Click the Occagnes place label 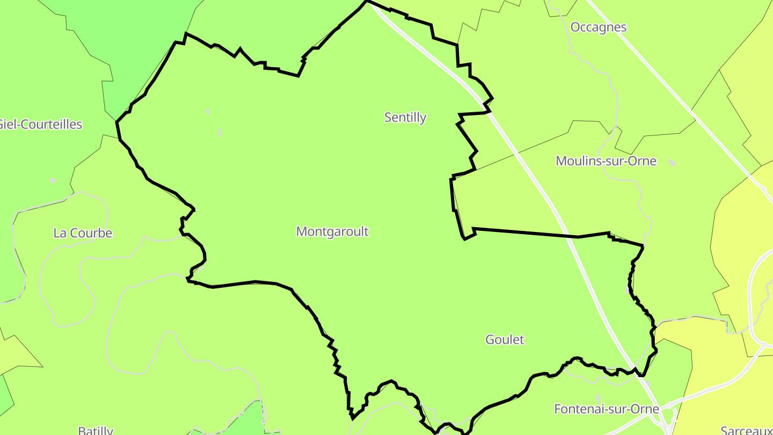click(x=598, y=27)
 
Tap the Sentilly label click(x=405, y=117)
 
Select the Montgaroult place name click(x=332, y=231)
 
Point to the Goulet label click(x=505, y=339)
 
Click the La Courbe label click(x=83, y=233)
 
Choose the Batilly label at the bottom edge click(x=96, y=430)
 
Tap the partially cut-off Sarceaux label click(x=746, y=430)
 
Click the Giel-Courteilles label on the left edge click(x=41, y=125)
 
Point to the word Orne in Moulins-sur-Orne click(x=643, y=161)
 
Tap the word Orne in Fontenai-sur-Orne click(x=645, y=409)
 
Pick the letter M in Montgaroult click(x=301, y=231)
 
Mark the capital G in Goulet click(x=490, y=339)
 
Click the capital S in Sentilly click(x=388, y=117)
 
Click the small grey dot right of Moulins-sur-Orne click(x=672, y=162)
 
